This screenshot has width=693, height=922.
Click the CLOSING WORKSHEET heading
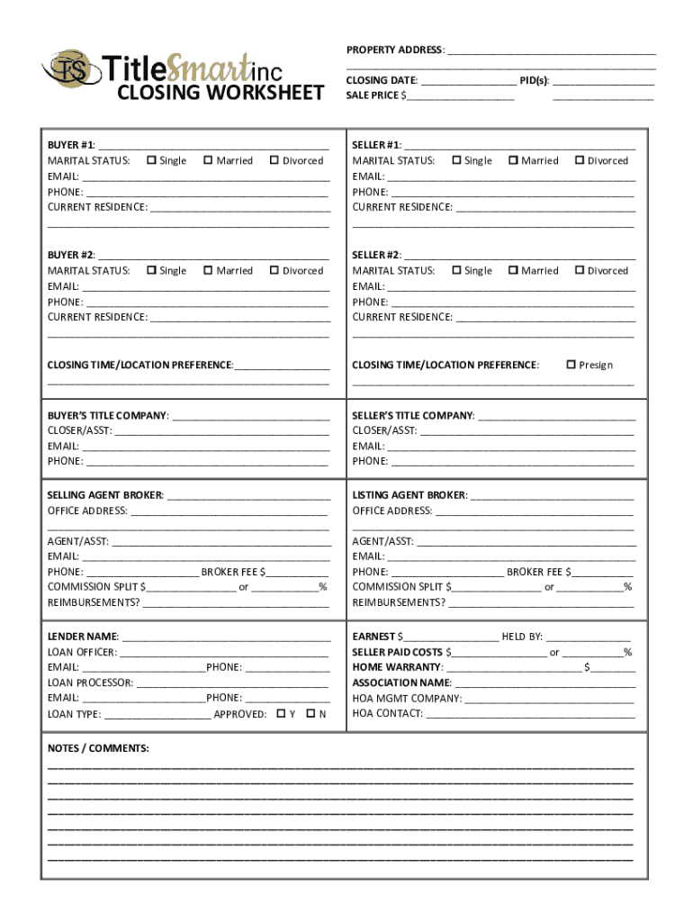pyautogui.click(x=220, y=93)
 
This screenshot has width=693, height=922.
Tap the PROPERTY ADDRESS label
pyautogui.click(x=395, y=50)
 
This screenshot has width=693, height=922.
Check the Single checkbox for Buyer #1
pyautogui.click(x=151, y=160)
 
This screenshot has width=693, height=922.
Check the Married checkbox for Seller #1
pyautogui.click(x=513, y=160)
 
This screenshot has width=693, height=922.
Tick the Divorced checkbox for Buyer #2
pyautogui.click(x=274, y=270)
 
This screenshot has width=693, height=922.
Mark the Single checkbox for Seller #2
pyautogui.click(x=456, y=270)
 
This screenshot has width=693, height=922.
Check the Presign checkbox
pyautogui.click(x=571, y=365)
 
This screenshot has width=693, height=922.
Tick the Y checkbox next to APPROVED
pyautogui.click(x=281, y=713)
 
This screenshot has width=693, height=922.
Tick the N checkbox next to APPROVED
pyautogui.click(x=310, y=713)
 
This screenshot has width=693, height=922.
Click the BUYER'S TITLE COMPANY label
pyautogui.click(x=107, y=416)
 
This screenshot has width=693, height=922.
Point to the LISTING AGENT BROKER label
pyautogui.click(x=409, y=495)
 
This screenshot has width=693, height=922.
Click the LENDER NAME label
pyautogui.click(x=82, y=637)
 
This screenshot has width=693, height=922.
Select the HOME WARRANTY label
pyautogui.click(x=397, y=667)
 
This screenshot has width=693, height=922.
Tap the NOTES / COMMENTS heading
pyautogui.click(x=98, y=748)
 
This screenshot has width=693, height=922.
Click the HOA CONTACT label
pyautogui.click(x=387, y=713)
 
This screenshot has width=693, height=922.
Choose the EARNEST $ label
pyautogui.click(x=377, y=637)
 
